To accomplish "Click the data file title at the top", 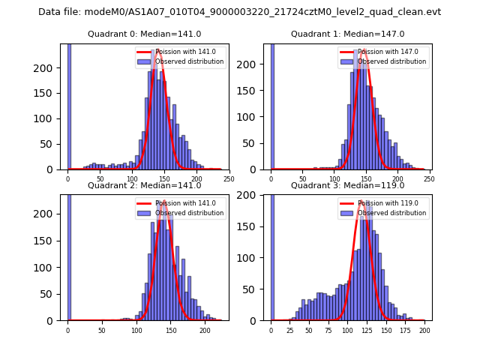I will [x=239, y=12].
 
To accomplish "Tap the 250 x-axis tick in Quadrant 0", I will [x=229, y=178].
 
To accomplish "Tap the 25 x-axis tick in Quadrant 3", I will [x=290, y=330].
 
